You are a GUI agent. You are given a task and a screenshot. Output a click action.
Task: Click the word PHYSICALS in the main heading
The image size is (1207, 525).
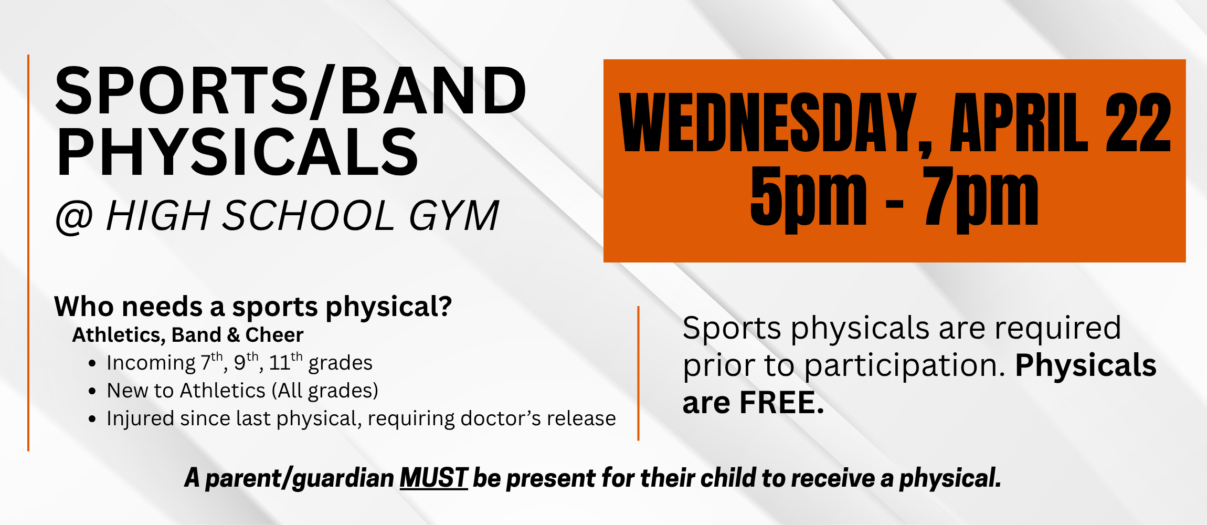237,152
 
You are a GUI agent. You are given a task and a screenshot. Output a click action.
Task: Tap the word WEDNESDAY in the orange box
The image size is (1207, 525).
768,123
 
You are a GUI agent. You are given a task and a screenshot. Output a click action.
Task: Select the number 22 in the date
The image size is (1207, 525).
1138,123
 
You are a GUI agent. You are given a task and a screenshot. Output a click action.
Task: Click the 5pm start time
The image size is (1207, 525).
808,197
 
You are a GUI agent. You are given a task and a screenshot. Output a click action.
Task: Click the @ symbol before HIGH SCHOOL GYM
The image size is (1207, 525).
74,216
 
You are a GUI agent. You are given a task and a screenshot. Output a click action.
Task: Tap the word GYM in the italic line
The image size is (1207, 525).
454,216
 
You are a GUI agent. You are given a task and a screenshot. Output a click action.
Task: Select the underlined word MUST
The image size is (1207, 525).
433,478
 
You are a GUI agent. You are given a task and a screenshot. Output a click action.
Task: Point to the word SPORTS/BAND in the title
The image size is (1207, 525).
290,90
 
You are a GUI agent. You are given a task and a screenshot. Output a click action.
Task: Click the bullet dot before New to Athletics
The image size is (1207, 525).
92,391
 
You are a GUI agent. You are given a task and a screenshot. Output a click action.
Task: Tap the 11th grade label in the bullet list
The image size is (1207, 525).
285,363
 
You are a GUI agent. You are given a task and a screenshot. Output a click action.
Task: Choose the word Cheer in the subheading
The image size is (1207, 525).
274,335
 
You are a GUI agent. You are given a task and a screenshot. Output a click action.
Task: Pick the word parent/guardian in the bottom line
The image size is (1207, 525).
300,478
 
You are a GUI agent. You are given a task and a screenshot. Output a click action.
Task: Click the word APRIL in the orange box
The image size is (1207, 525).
1019,123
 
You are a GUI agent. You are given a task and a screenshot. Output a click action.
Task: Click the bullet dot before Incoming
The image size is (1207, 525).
92,363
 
